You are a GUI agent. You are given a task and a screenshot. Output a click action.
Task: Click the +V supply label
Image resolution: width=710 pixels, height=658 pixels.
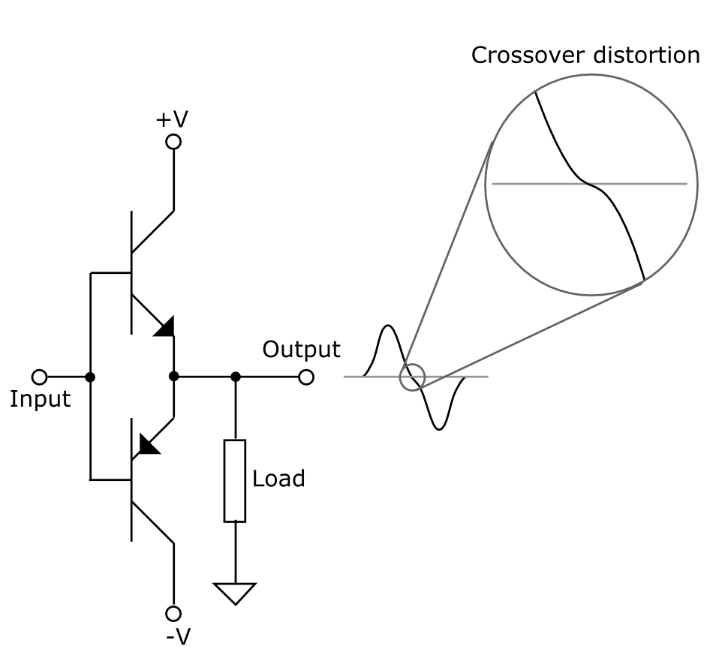173,120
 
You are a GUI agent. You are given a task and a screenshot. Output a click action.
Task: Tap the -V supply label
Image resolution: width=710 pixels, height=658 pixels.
179,636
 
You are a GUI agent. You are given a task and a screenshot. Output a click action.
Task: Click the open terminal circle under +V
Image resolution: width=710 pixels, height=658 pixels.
173,141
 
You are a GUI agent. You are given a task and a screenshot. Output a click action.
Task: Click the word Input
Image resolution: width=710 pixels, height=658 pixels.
40,399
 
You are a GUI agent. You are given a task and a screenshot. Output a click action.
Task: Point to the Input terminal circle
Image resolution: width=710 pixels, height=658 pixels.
40,377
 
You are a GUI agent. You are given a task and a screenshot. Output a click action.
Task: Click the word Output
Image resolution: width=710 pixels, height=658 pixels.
301,350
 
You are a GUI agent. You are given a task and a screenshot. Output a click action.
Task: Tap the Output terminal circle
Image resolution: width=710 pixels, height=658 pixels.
305,377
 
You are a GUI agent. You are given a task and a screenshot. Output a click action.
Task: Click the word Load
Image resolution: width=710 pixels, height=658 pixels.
278,479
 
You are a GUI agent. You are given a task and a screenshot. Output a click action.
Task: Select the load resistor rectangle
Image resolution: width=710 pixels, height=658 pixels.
235,481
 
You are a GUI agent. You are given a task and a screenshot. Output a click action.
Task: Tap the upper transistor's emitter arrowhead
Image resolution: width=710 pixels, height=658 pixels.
165,326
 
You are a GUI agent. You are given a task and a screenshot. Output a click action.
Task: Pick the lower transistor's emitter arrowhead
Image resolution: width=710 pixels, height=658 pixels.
149,443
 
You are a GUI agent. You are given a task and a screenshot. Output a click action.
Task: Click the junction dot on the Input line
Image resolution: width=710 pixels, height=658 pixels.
90,377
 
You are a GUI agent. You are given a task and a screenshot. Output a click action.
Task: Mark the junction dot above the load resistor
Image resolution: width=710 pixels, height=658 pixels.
235,377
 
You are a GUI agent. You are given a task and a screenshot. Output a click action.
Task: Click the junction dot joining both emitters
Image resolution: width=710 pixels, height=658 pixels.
173,377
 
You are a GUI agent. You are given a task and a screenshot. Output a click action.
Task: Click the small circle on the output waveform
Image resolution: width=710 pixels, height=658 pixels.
412,377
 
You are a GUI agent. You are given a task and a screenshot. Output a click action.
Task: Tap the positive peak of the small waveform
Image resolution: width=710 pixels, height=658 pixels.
388,326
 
